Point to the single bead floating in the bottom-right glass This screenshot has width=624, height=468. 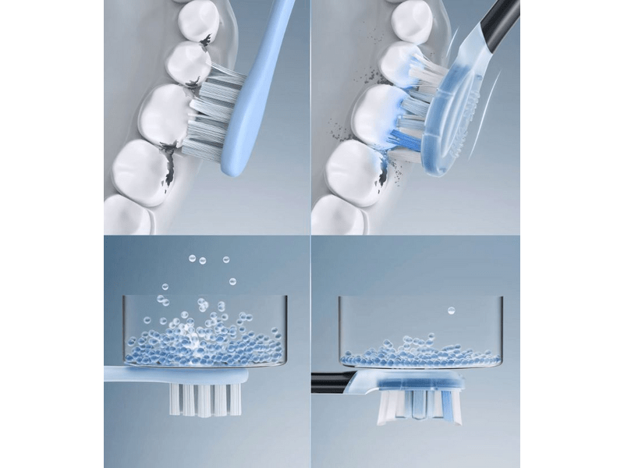coord(451,311)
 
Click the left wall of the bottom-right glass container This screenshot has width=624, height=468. coord(339,328)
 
